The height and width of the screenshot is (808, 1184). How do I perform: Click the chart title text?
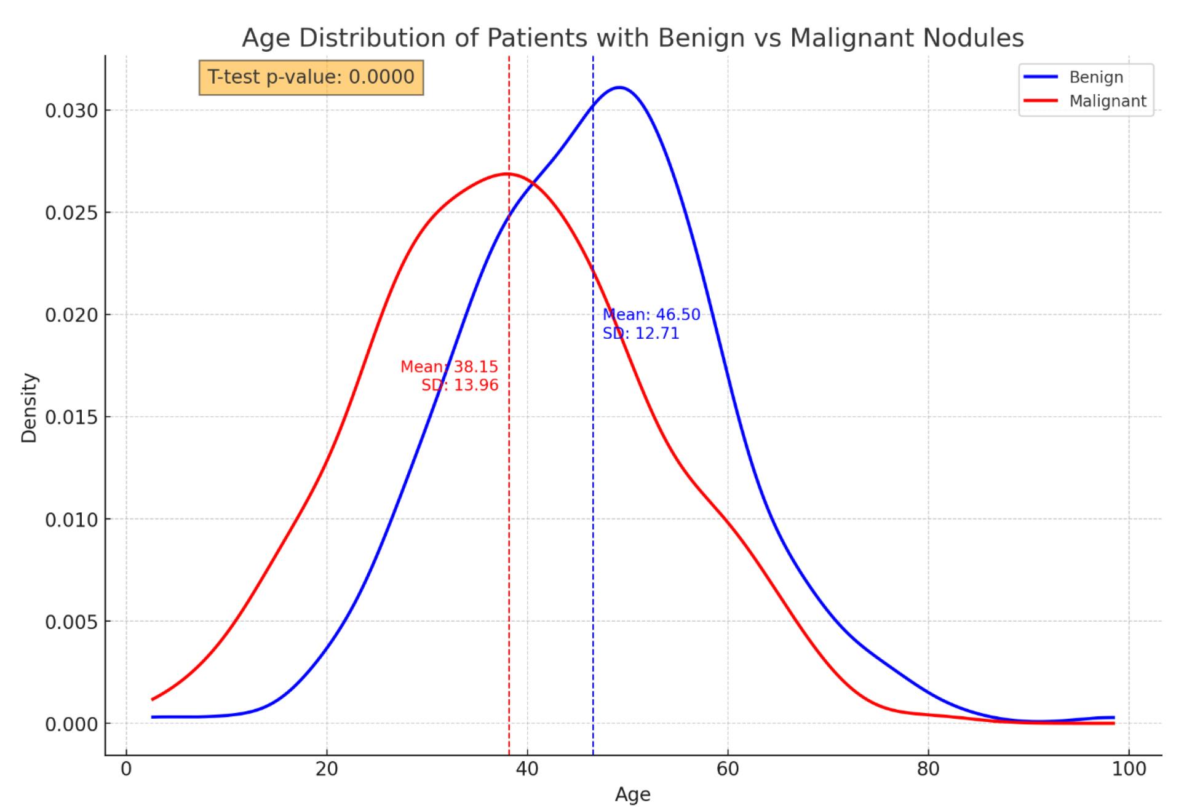click(633, 38)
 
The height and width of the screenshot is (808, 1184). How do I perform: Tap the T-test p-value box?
click(311, 77)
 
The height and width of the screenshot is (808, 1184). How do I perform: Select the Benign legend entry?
click(1086, 77)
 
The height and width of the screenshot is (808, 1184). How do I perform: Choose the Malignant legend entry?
click(1086, 101)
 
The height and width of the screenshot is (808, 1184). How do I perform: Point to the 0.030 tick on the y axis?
click(71, 111)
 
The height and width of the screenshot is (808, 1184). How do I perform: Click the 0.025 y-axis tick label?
click(71, 213)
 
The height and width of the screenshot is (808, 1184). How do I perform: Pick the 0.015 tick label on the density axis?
click(71, 418)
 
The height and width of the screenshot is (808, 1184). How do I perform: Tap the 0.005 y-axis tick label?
click(71, 622)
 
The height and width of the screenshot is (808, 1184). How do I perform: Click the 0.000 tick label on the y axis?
click(71, 724)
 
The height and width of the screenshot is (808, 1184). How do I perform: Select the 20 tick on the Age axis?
click(327, 769)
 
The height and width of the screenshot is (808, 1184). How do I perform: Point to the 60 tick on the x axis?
click(728, 769)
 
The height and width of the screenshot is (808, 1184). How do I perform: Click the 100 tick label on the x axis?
click(1129, 769)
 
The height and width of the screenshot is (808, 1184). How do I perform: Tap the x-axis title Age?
click(633, 795)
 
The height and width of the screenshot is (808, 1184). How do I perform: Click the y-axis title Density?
click(29, 408)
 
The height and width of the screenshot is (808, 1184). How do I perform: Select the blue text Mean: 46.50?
click(651, 315)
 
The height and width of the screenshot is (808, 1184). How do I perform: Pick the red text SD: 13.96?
click(460, 386)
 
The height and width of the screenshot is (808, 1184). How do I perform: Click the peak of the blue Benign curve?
click(619, 87)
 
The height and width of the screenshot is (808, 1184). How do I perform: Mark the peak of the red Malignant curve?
click(507, 174)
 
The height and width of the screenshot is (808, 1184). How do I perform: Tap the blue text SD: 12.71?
click(641, 334)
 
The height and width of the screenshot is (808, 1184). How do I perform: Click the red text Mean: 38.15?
click(450, 367)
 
